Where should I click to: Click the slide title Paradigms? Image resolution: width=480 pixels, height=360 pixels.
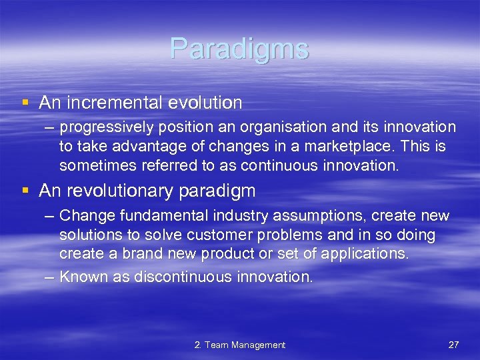click(239, 49)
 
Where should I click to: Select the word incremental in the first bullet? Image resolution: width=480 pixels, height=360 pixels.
click(109, 103)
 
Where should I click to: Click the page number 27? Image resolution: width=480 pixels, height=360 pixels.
click(454, 345)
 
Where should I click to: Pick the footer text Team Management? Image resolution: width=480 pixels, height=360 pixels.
click(245, 345)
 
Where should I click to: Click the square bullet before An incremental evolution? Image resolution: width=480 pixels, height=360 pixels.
click(25, 103)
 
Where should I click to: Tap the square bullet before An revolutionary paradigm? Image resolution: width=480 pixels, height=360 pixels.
click(25, 191)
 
